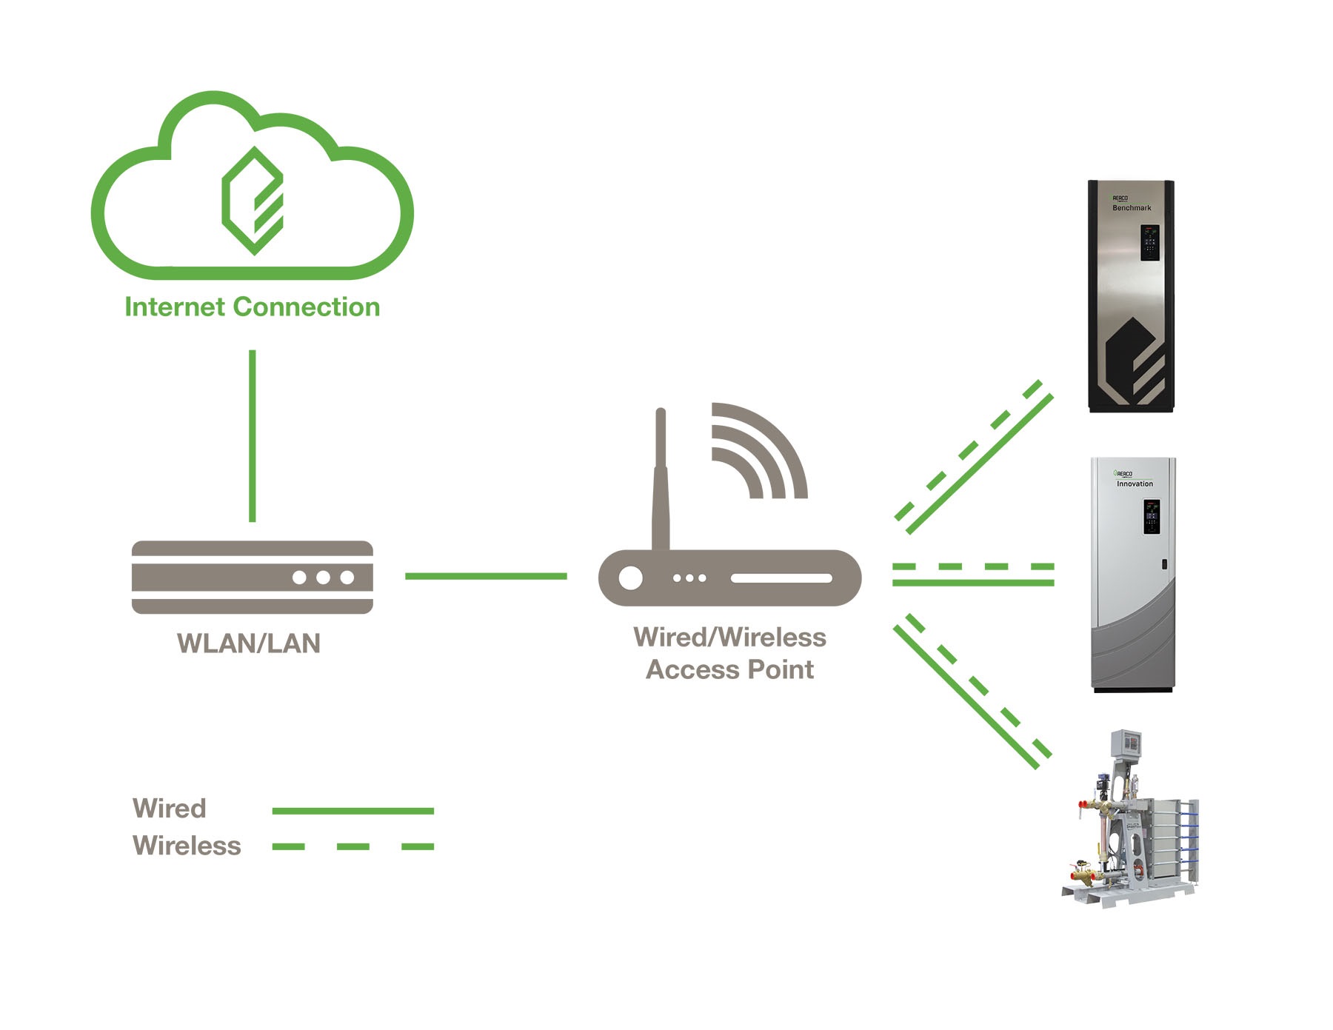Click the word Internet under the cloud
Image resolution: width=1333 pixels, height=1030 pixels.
click(x=175, y=307)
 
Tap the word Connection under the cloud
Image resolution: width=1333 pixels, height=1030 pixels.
click(x=306, y=307)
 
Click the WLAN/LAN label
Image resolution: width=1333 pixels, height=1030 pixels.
click(x=249, y=643)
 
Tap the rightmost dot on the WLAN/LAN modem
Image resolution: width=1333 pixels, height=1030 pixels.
click(x=347, y=578)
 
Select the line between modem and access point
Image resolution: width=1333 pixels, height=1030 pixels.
click(x=486, y=576)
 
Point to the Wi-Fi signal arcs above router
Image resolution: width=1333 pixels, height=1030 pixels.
click(x=755, y=452)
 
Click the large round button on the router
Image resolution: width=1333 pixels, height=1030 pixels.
click(x=631, y=578)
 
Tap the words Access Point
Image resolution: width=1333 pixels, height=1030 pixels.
click(x=730, y=669)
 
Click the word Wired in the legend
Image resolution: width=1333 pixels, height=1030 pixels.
click(x=170, y=808)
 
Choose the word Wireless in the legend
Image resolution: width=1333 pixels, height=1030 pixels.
click(x=187, y=846)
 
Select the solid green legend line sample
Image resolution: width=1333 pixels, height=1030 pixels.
click(x=353, y=811)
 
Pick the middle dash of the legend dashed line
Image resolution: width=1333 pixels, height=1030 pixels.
click(x=353, y=846)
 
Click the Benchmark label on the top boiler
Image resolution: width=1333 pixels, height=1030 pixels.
click(x=1132, y=208)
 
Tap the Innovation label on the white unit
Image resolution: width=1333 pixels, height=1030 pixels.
click(x=1135, y=484)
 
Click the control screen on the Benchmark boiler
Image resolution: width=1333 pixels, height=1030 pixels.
click(x=1150, y=242)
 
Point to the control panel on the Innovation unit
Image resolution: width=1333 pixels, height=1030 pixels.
click(x=1152, y=516)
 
